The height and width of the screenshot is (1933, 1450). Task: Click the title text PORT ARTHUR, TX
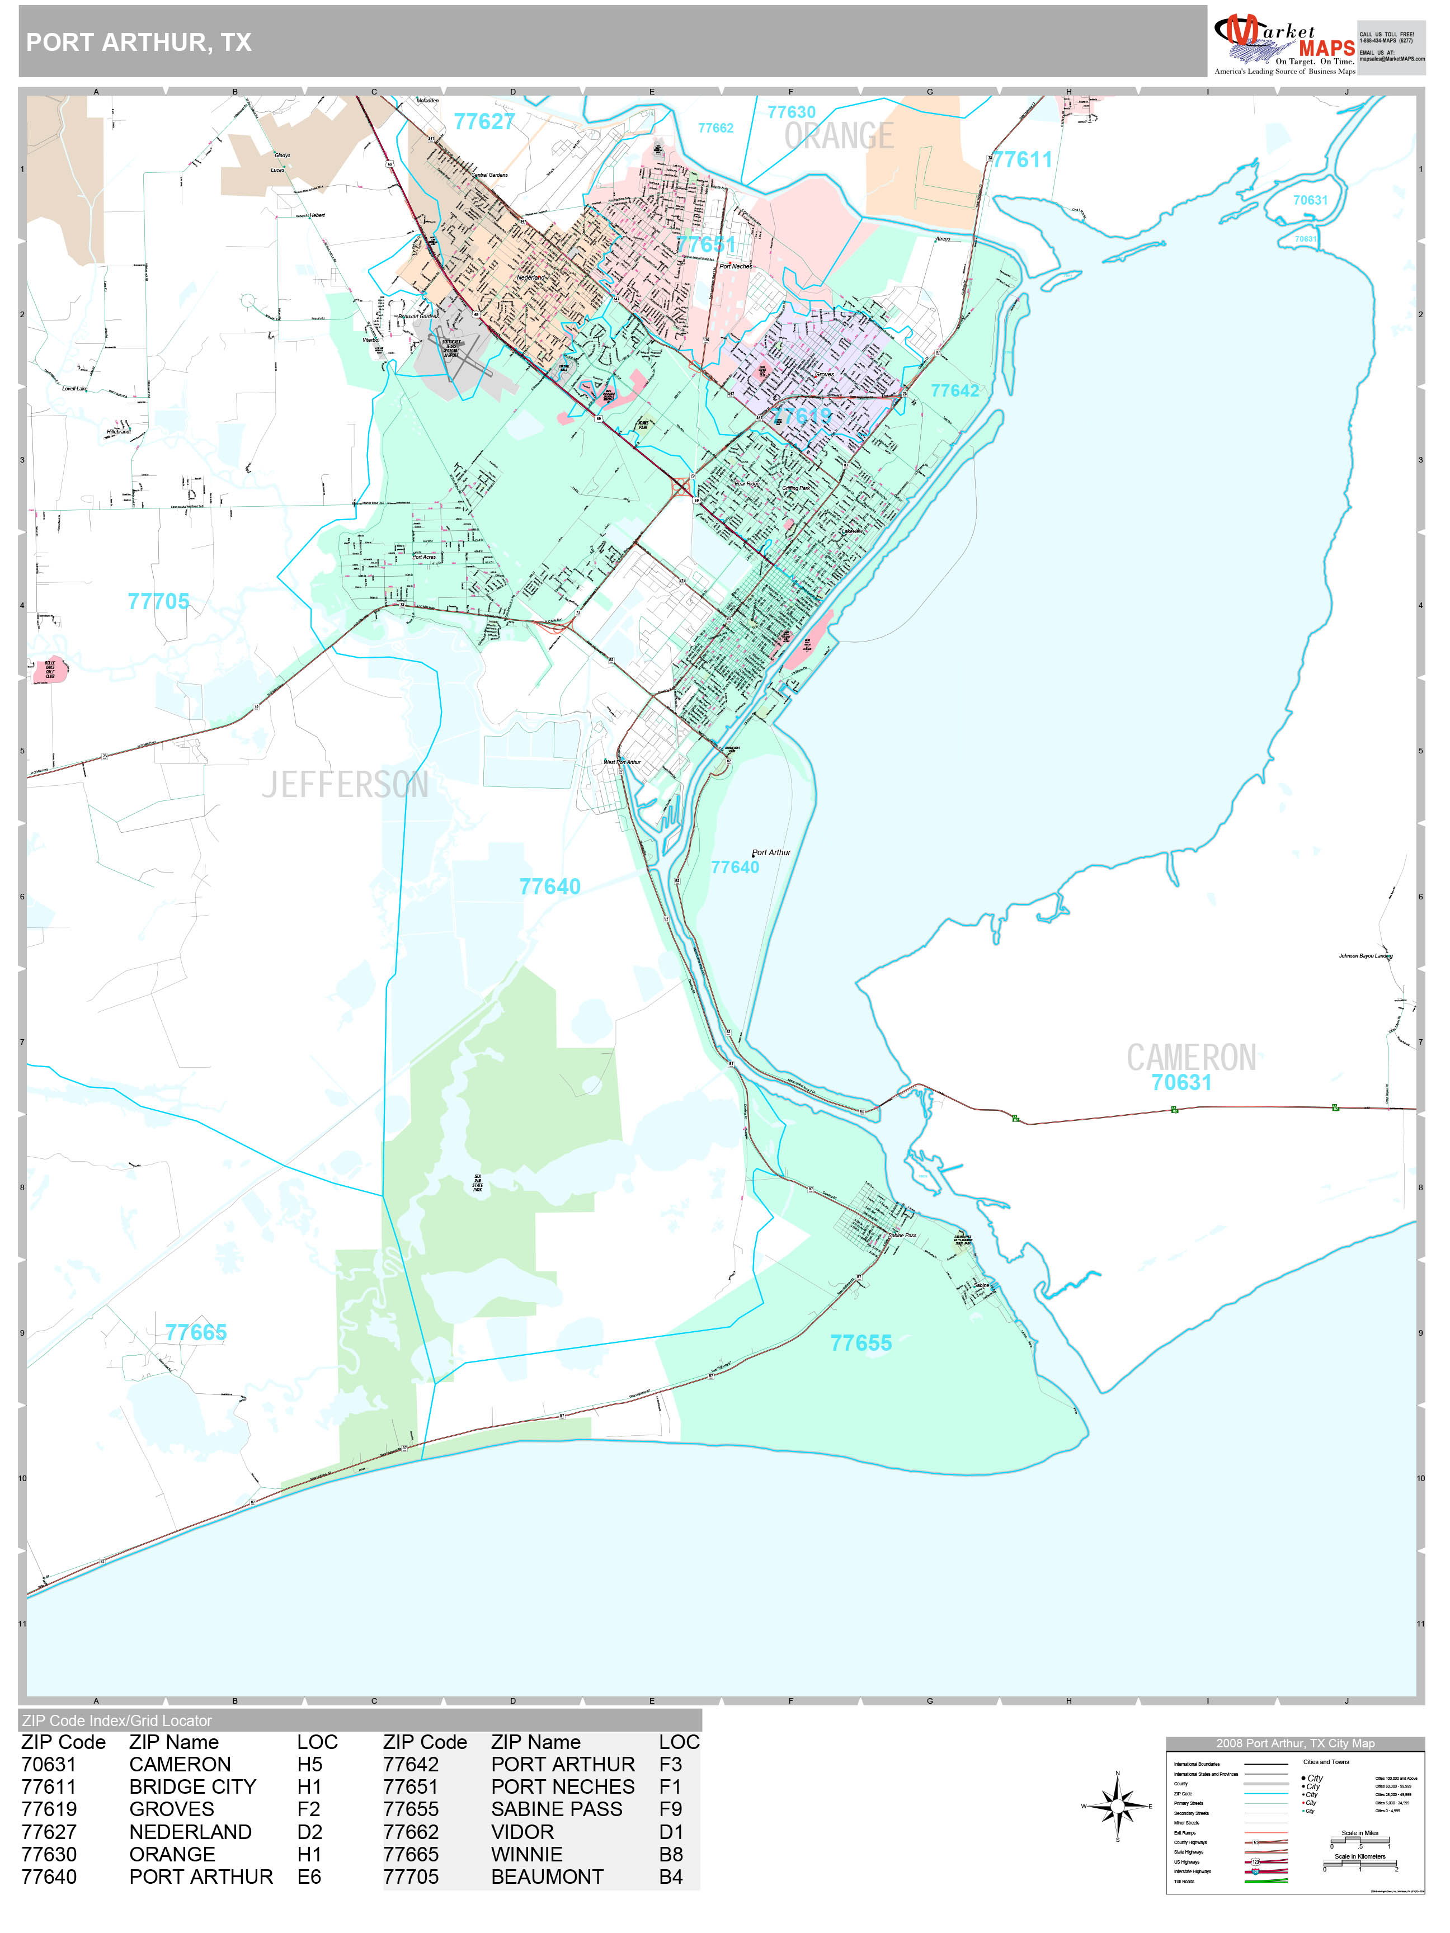coord(139,42)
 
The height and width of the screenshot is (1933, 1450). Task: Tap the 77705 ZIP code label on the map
coord(158,601)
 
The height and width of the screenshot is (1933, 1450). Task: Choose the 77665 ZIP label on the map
coord(196,1333)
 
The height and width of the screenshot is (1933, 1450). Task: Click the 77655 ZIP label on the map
coord(861,1343)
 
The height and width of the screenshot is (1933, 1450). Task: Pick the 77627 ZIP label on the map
coord(484,121)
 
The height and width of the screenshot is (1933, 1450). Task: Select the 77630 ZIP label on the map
coord(791,112)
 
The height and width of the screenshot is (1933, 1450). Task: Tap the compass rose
coord(1117,1805)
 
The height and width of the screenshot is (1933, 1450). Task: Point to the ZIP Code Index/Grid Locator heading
coord(117,1720)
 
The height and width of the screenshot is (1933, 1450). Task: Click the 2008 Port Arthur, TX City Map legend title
coord(1294,1743)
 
